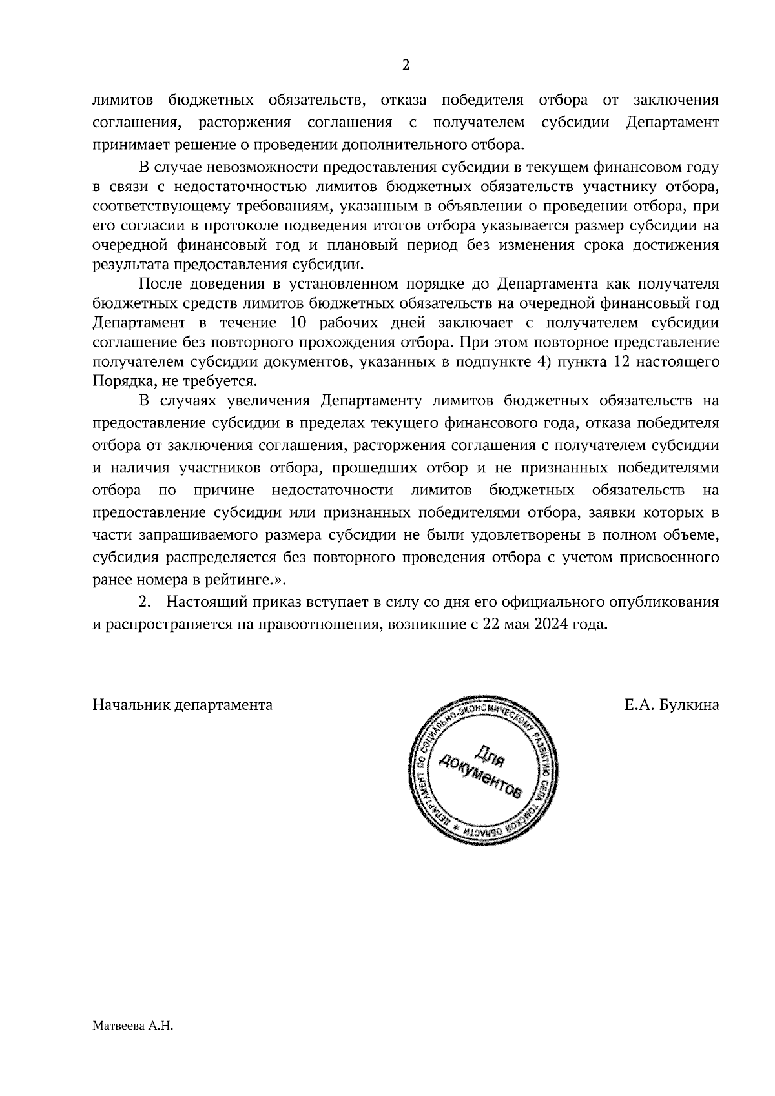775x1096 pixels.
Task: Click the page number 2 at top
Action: coord(406,65)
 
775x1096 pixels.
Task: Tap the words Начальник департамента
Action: coord(182,705)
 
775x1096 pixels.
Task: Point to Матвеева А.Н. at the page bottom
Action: coord(134,1026)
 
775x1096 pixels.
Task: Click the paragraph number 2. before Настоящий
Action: coord(145,602)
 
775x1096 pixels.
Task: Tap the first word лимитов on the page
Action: coord(123,101)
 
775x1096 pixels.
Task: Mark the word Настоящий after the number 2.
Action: coord(205,602)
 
